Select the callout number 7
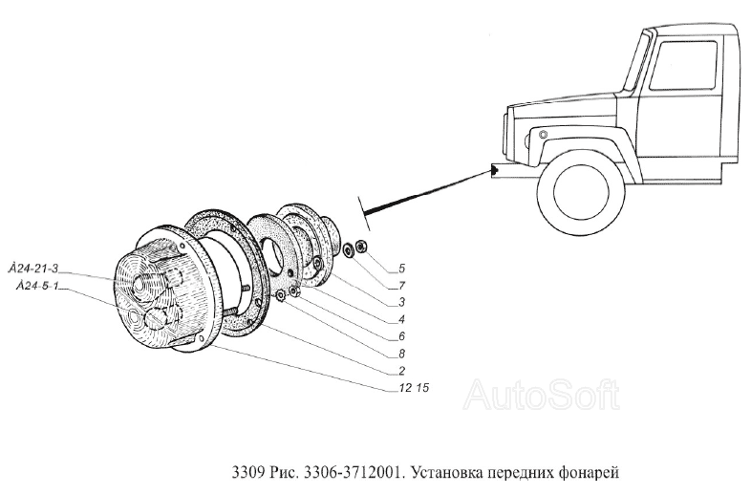[x=402, y=286]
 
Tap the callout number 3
[x=402, y=303]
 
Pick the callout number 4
[x=402, y=319]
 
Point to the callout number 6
[x=402, y=336]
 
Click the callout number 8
[x=402, y=353]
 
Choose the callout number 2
[x=402, y=370]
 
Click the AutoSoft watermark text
[x=541, y=395]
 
